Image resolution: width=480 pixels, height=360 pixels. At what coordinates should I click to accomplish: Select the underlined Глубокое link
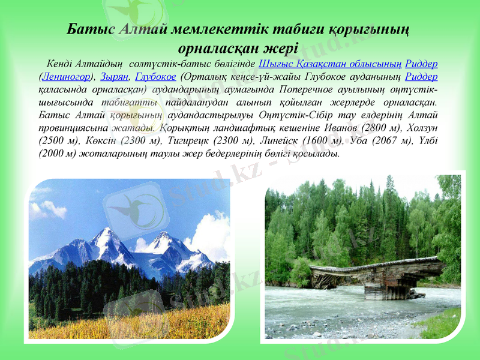[155, 77]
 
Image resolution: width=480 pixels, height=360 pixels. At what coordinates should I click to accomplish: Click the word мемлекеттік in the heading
[208, 29]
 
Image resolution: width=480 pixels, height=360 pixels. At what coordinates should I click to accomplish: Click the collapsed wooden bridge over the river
[379, 276]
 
